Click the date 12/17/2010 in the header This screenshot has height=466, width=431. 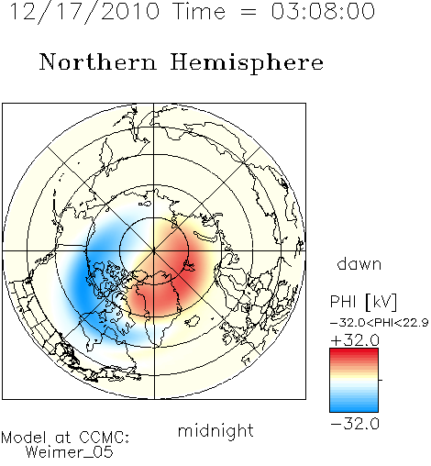pos(84,12)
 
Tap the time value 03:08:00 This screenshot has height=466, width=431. pos(323,11)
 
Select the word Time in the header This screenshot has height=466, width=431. pos(199,11)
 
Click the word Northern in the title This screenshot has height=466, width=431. pos(97,61)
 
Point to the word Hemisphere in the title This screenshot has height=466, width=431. pos(247,63)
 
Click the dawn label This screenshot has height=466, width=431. pos(359,264)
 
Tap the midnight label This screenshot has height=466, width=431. pos(215,430)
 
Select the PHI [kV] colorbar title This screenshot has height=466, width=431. pos(363,302)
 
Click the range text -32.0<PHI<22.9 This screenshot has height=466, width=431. pos(380,323)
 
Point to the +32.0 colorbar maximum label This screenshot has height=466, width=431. pos(355,340)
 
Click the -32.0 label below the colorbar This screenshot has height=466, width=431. pos(355,424)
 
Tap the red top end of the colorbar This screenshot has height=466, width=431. pos(354,350)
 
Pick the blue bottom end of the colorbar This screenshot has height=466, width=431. pos(354,409)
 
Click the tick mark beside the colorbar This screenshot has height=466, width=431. pos(381,380)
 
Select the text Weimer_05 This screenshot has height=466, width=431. pos(70,451)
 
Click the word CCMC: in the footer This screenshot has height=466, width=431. pos(104,437)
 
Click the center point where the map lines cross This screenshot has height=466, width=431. pos(154,251)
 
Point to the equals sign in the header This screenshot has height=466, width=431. pos(249,12)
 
